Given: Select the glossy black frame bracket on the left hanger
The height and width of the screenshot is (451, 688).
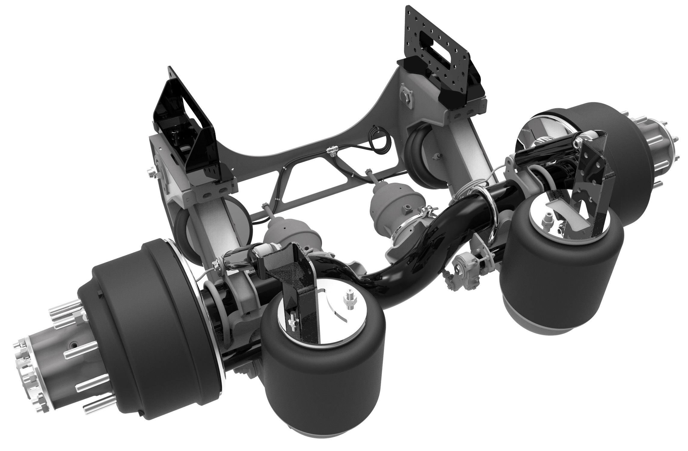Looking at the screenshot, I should pyautogui.click(x=186, y=132).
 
